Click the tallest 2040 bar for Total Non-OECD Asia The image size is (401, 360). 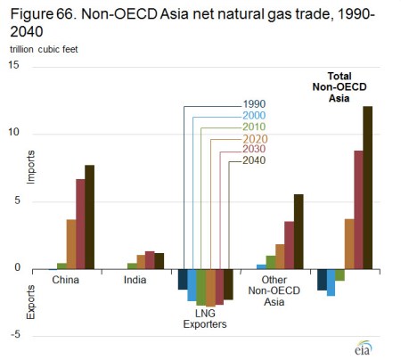pos(367,187)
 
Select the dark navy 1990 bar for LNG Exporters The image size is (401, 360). pos(183,279)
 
